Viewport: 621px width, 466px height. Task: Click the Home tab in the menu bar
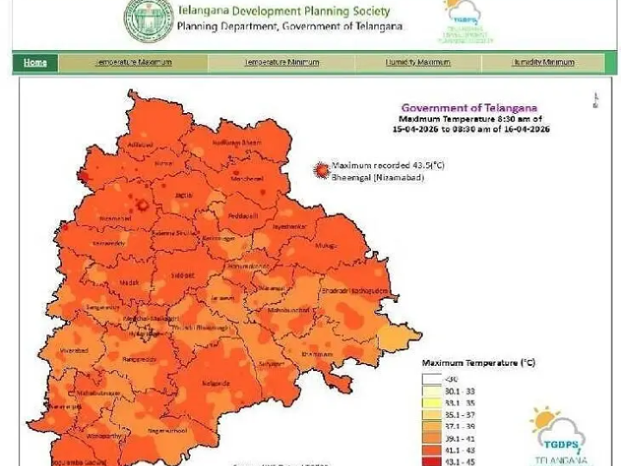coord(35,62)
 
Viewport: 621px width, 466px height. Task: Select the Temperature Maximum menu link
coord(133,62)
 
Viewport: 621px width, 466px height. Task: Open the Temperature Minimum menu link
coord(281,62)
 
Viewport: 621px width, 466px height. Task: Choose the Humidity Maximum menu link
coord(418,62)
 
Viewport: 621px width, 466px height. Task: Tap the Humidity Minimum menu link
coord(543,62)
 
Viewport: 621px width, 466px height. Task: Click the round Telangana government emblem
coord(148,21)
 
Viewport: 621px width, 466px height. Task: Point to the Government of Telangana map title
coord(469,108)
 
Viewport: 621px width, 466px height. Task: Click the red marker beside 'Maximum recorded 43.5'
coord(322,170)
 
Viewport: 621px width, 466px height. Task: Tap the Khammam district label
coord(317,354)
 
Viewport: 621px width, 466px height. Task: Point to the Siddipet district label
coord(181,274)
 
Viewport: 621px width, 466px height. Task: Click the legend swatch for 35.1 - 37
coord(431,413)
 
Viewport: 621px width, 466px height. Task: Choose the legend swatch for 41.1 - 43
coord(431,450)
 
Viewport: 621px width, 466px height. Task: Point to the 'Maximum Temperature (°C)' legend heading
coord(478,363)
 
